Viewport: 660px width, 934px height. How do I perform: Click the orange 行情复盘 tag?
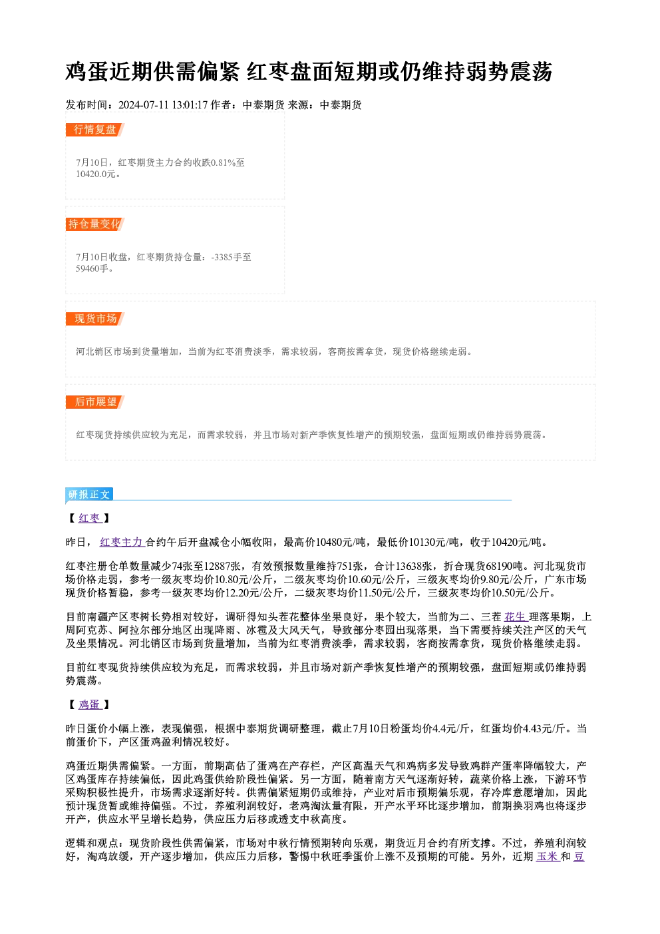tap(95, 130)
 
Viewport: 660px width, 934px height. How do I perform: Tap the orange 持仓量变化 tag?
tap(95, 224)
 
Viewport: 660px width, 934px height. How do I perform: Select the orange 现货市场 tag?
tap(95, 319)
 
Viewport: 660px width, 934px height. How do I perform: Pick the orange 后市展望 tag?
tap(95, 402)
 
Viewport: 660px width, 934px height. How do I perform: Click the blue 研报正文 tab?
tap(89, 495)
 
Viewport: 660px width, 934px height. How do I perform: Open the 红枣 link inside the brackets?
tap(90, 519)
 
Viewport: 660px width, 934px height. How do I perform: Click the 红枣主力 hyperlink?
tap(122, 543)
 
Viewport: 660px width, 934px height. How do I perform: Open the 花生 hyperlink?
tap(516, 617)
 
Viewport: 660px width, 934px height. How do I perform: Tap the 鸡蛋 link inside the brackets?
tap(90, 705)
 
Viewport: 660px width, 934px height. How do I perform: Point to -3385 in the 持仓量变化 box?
tap(222, 258)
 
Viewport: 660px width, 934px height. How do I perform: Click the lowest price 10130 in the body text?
tap(422, 543)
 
